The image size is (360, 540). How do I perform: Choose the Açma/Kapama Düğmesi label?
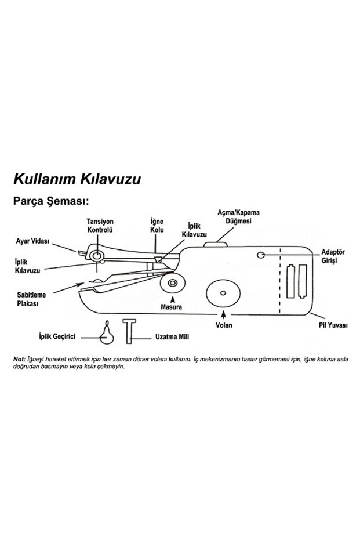click(238, 218)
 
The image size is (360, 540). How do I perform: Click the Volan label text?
click(224, 325)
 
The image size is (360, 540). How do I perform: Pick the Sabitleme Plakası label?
click(27, 299)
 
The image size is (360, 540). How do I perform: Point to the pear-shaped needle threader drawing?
click(106, 332)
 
